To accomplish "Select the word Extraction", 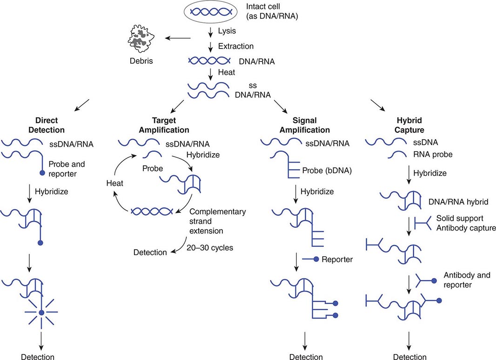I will click(x=236, y=46).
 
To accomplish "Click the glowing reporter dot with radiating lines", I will click(x=41, y=312).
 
